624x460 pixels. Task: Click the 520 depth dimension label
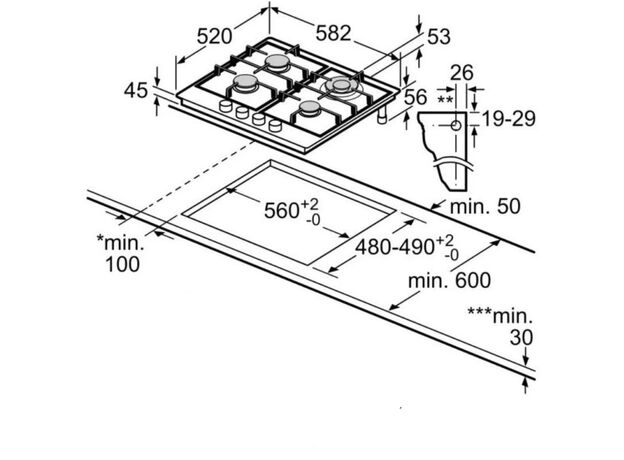coord(214,37)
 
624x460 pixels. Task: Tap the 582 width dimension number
coord(333,33)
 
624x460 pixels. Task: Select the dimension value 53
coord(439,37)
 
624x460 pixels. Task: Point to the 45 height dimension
coord(136,91)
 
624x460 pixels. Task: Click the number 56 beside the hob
coord(415,97)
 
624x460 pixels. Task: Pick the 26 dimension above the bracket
coord(462,73)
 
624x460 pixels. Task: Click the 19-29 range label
coord(509,119)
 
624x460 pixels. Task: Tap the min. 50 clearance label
coord(485,207)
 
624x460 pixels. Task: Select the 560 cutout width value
coord(282,211)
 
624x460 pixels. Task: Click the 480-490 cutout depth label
coord(395,247)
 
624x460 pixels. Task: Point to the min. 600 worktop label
coord(449,281)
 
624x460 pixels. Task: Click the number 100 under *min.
coord(123,265)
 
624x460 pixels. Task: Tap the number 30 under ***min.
coord(521,338)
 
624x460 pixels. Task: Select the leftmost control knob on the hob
coord(226,106)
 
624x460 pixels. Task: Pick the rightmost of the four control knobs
coord(275,126)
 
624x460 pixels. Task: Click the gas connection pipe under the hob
coord(383,115)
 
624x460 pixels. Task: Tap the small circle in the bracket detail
coord(456,126)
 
